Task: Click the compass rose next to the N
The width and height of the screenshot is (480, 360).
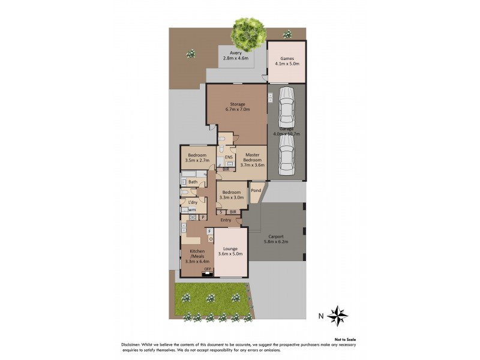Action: (339, 315)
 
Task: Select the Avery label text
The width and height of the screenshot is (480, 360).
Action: (235, 53)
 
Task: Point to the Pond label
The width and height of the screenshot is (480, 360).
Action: (256, 191)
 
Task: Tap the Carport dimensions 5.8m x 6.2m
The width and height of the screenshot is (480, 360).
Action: (276, 242)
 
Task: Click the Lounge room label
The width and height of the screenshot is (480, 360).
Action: (230, 248)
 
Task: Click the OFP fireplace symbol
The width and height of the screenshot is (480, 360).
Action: (208, 269)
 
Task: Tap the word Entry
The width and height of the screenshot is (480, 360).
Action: (226, 220)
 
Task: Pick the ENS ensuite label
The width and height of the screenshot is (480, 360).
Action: (228, 157)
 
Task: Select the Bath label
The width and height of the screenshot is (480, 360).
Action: (193, 182)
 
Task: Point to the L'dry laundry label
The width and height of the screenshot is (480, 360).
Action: (193, 202)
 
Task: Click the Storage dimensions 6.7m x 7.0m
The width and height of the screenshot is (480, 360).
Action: (236, 110)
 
